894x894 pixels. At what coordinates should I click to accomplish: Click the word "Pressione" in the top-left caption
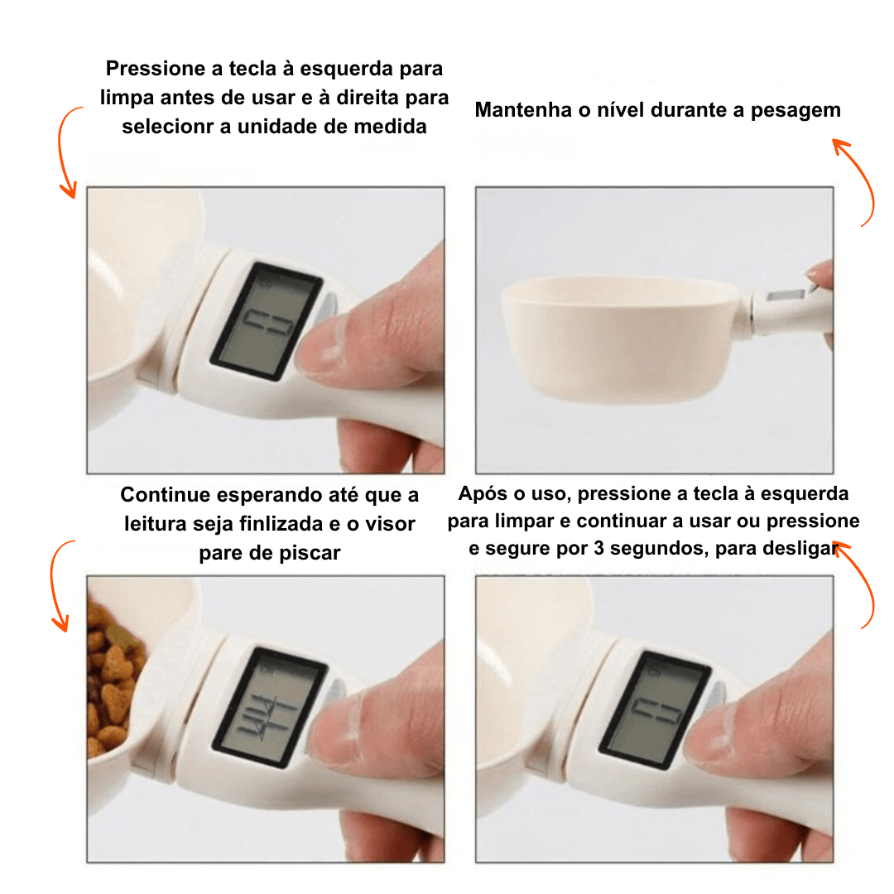(x=155, y=69)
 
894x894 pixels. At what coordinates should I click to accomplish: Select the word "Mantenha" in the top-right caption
(x=523, y=110)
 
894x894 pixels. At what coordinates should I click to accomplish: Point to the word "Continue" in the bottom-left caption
(x=166, y=494)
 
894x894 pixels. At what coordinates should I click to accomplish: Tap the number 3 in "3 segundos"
(x=598, y=548)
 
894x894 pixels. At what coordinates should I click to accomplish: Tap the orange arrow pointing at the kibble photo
(x=54, y=584)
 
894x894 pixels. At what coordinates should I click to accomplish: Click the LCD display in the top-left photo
(x=267, y=321)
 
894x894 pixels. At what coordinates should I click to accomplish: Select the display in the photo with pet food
(x=270, y=707)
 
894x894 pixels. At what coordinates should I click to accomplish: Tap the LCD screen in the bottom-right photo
(x=655, y=709)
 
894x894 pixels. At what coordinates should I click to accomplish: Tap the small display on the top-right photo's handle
(x=785, y=296)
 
